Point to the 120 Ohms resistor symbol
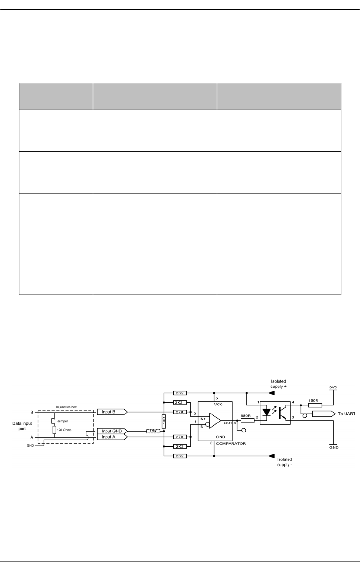click(54, 430)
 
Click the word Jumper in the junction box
click(62, 421)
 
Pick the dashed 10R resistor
click(152, 431)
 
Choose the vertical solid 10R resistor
click(164, 422)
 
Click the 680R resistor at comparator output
click(247, 421)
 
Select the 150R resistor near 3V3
click(315, 405)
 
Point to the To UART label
click(346, 414)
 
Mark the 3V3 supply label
click(334, 387)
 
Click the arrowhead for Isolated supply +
click(271, 393)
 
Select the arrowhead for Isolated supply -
click(271, 456)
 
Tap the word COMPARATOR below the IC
click(231, 443)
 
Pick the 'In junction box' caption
click(66, 407)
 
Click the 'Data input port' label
click(22, 426)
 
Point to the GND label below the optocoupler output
click(334, 447)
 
